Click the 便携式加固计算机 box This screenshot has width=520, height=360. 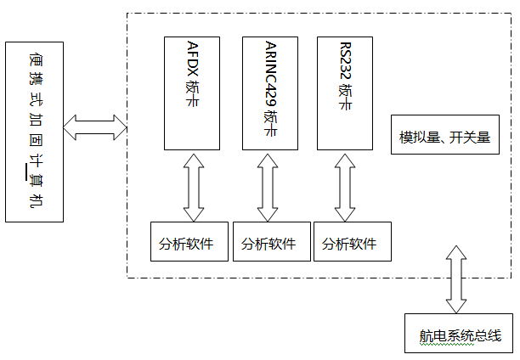click(34, 132)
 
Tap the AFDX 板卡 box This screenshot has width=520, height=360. click(192, 93)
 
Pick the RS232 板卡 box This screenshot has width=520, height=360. click(345, 93)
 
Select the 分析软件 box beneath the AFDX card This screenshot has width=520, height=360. click(189, 244)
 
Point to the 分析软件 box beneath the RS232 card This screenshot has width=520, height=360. click(352, 244)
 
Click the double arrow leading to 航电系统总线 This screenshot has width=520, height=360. click(457, 279)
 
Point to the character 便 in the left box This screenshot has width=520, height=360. click(34, 59)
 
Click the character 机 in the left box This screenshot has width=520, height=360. click(34, 201)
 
